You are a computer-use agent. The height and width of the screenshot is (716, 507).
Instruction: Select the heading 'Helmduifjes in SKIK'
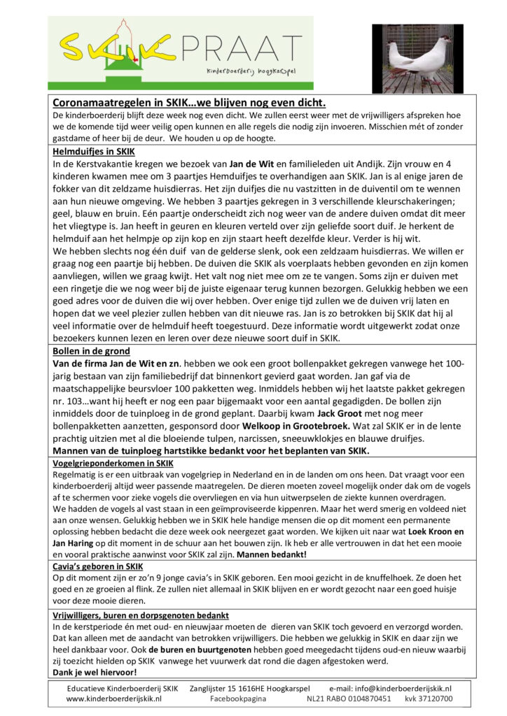pos(88,151)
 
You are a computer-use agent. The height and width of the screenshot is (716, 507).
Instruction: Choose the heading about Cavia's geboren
pos(98,566)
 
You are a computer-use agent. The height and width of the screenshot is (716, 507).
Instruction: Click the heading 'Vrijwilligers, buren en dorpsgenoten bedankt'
pos(140,615)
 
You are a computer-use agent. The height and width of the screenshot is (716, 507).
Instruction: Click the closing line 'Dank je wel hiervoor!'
pos(95,672)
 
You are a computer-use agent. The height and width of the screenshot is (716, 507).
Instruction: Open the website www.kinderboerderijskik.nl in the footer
pos(114,698)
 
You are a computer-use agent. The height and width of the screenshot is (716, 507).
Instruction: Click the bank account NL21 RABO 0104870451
pos(347,698)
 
